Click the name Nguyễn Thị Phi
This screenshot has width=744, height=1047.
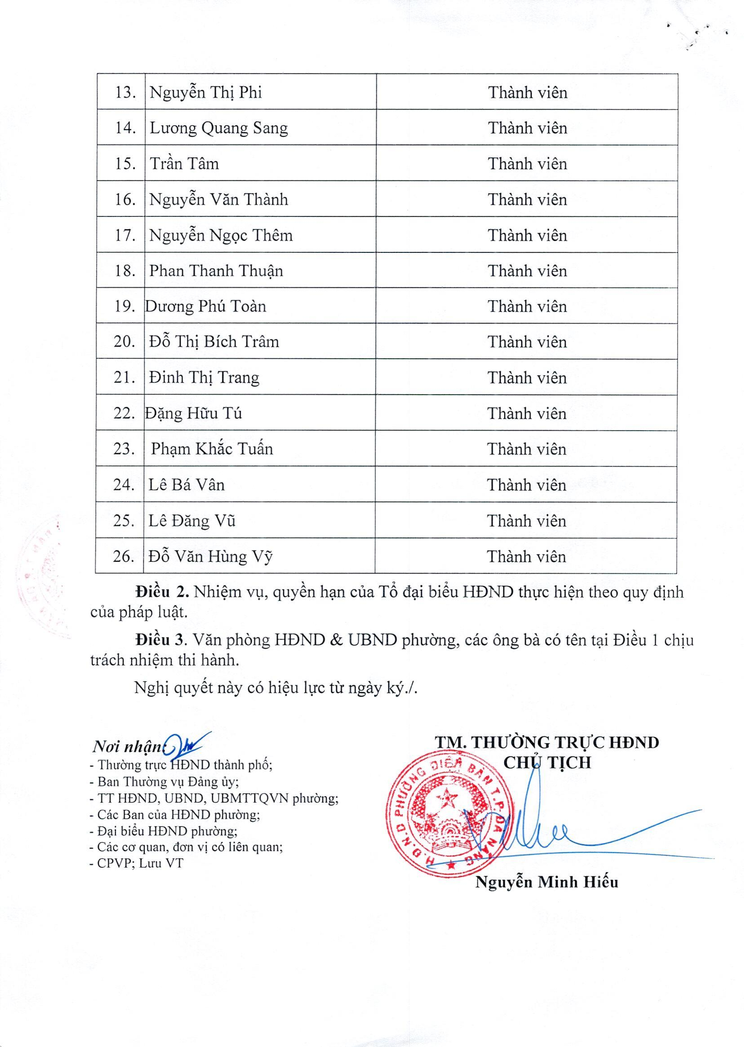pos(206,93)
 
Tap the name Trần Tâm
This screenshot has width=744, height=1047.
pos(184,164)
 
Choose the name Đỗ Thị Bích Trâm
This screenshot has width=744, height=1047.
pos(214,342)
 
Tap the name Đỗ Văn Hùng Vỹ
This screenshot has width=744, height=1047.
pos(210,557)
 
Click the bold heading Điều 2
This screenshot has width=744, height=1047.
pos(162,592)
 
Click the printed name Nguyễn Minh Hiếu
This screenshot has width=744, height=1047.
pos(547,882)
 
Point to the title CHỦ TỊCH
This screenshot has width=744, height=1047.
pos(547,763)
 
